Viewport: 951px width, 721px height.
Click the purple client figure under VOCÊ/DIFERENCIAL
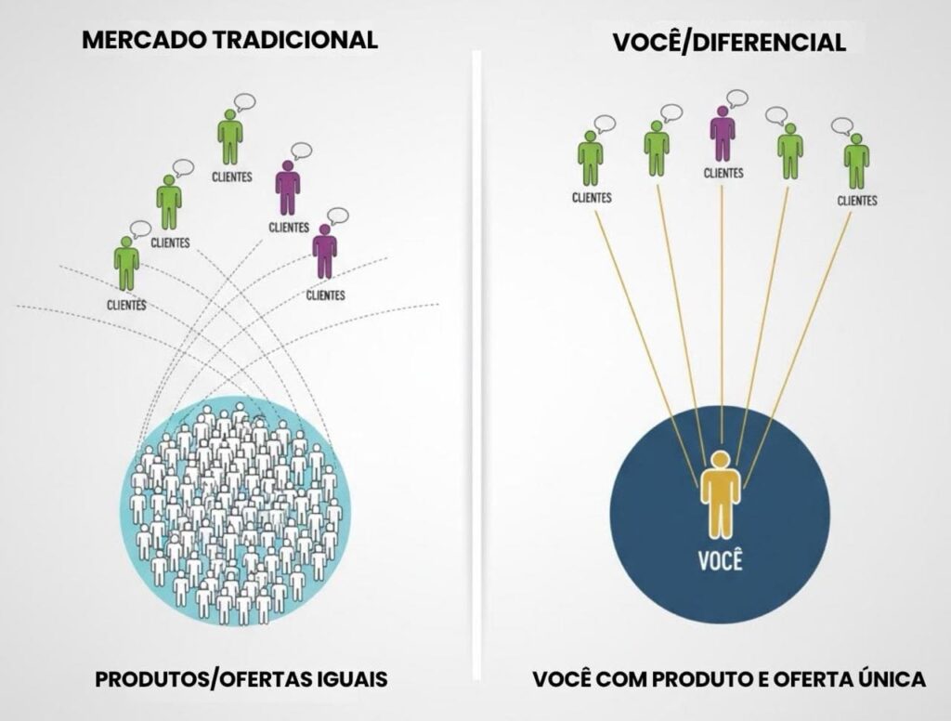(x=723, y=133)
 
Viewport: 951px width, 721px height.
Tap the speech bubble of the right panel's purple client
(x=737, y=98)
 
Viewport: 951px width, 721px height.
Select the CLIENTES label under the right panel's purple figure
(x=723, y=173)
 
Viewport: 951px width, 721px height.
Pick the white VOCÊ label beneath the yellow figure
(x=721, y=561)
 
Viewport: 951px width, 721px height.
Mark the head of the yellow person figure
(x=721, y=460)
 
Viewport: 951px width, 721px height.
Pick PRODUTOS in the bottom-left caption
(x=150, y=680)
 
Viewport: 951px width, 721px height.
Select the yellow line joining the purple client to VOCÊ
(x=722, y=316)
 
